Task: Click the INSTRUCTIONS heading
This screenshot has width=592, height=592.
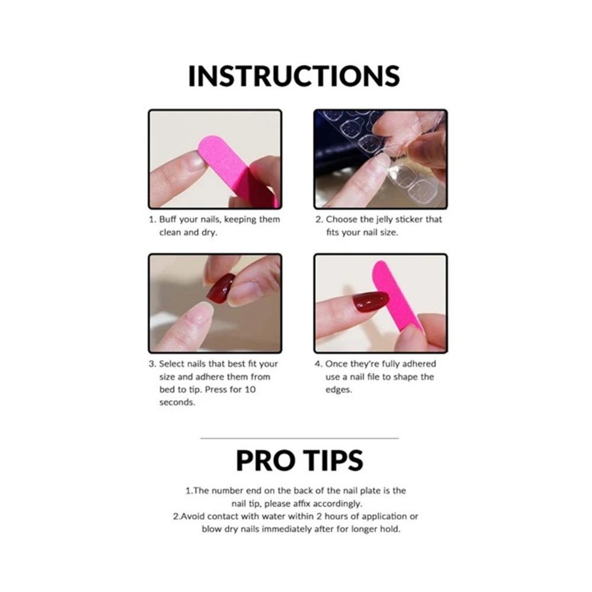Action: pos(294,76)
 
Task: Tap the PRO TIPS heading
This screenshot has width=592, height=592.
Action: pos(300,461)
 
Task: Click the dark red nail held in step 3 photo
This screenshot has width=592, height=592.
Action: pos(221,288)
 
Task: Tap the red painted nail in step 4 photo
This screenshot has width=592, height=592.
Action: pos(370,302)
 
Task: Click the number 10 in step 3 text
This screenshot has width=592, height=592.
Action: pos(250,390)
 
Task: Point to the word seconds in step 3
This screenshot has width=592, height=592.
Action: pos(176,403)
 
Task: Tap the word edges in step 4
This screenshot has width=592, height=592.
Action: pos(338,390)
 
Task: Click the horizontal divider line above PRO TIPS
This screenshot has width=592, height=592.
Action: pos(299,438)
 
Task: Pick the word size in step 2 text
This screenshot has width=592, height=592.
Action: pos(385,232)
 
